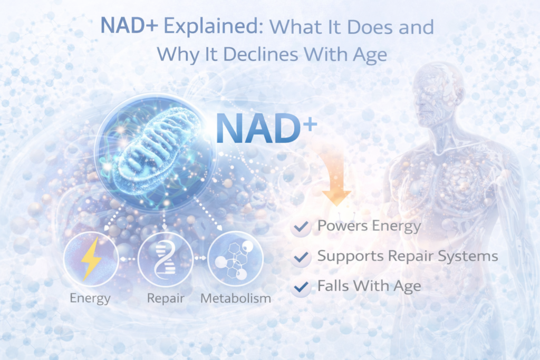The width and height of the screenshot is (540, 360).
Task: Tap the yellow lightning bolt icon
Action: pos(89,259)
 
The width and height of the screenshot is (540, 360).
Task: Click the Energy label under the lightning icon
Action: pos(90,298)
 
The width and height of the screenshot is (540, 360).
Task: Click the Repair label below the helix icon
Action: pos(166,298)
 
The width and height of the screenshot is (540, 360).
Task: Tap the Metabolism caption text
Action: pos(236,298)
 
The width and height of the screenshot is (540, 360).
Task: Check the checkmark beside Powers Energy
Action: pos(301,227)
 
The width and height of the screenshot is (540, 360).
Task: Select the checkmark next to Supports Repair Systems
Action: pos(301,257)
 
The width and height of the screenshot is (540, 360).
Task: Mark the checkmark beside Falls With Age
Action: pos(301,287)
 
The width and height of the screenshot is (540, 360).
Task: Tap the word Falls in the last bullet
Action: pos(333,286)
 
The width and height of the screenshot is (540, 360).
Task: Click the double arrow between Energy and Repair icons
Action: pos(126,259)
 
